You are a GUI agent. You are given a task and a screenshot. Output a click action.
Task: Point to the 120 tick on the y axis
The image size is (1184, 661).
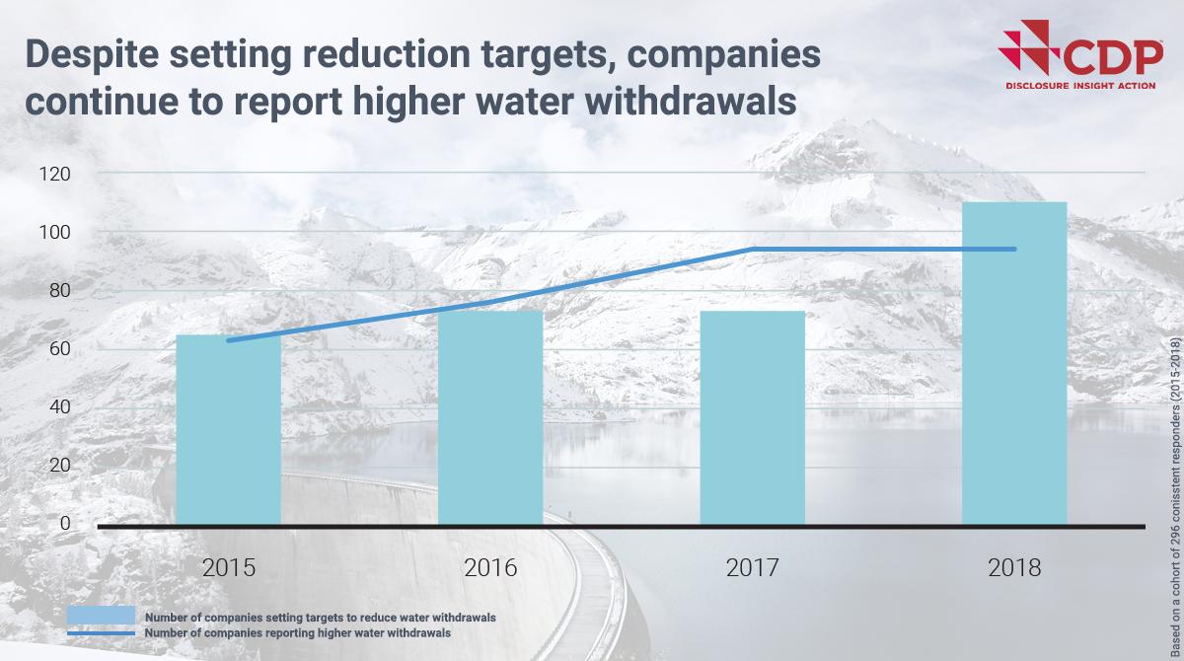click(54, 174)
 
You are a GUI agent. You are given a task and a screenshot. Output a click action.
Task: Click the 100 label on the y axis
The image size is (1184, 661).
click(54, 232)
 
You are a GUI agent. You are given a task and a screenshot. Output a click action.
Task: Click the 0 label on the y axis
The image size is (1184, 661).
click(65, 523)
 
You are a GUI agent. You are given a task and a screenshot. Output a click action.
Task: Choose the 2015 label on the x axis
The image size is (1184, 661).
click(228, 568)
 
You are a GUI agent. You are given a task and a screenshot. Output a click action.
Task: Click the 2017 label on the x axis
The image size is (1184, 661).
click(753, 568)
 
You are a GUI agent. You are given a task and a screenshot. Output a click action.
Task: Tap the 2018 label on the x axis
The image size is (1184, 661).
click(1015, 568)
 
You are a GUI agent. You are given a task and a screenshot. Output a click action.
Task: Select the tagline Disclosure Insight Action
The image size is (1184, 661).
click(1083, 87)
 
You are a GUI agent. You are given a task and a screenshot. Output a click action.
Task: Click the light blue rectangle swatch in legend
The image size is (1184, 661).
click(101, 617)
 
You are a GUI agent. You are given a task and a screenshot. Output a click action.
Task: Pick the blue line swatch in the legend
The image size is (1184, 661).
click(101, 632)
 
